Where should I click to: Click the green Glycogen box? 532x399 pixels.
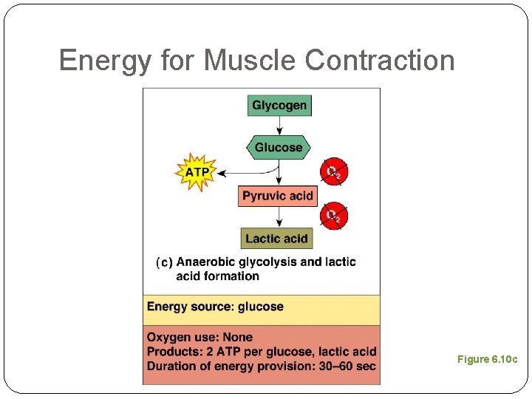coord(279,106)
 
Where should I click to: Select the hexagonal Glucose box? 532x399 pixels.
coord(279,148)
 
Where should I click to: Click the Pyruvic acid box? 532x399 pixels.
coord(278,196)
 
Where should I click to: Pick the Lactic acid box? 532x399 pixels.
coord(277,238)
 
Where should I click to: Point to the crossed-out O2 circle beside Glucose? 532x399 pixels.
coord(334,172)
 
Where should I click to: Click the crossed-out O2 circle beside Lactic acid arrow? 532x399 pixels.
coord(334,216)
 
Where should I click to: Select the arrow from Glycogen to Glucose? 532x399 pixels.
coord(279,126)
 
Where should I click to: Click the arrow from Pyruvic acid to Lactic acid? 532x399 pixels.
coord(279,216)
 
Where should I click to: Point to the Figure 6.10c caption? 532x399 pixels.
coord(487,359)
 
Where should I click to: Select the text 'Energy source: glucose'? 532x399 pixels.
coord(215,307)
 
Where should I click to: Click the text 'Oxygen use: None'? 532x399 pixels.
coord(199,338)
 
